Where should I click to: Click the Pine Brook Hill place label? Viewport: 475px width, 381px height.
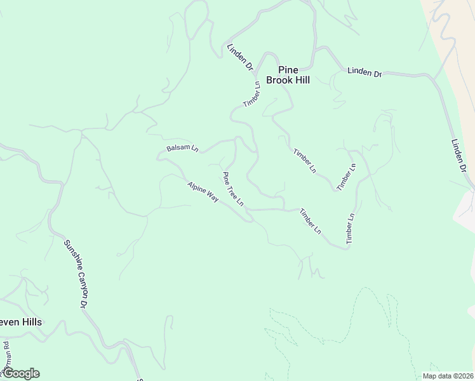[288, 75]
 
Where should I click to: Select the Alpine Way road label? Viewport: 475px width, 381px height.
[203, 192]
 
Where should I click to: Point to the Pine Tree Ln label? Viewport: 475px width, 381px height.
[232, 188]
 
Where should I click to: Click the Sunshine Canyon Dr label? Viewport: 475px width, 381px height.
[76, 273]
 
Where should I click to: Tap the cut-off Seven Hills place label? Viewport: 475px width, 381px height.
[21, 322]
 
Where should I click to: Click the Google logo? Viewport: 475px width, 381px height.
[21, 373]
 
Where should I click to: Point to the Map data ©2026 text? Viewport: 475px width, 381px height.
[448, 376]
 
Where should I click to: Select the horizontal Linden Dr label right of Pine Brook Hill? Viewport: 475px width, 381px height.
[365, 72]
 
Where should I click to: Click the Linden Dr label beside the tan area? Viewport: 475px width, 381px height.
[459, 156]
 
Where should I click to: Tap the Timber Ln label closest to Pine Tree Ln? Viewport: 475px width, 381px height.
[310, 220]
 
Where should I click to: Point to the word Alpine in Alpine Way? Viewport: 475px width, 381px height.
[197, 189]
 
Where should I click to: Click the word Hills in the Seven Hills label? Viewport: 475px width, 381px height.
[30, 322]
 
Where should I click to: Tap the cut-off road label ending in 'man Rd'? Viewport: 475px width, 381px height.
[5, 359]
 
